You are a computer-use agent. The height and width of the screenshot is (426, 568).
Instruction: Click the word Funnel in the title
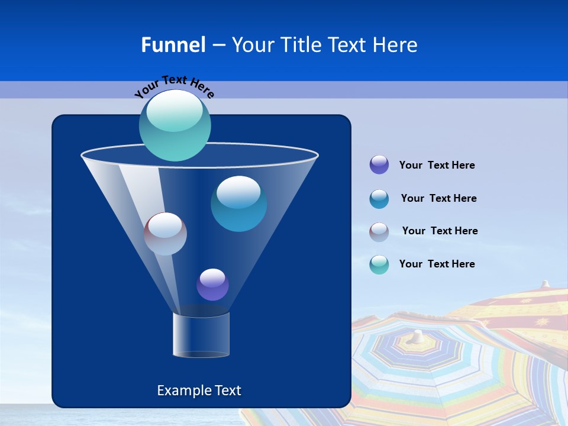pos(173,45)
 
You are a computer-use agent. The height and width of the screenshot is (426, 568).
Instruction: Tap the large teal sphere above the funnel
pos(175,125)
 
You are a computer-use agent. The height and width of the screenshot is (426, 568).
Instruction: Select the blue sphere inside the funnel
pos(238,204)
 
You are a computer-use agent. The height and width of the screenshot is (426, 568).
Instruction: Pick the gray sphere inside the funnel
pos(166,234)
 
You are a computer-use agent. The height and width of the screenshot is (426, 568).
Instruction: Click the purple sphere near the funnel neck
pos(212,285)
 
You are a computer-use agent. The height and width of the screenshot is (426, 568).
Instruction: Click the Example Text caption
pos(199,390)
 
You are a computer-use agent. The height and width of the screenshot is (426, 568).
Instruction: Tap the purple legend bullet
pos(379,165)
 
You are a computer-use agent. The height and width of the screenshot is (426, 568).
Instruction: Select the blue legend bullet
pos(379,199)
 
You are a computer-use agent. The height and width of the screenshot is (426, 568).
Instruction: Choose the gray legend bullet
pos(379,232)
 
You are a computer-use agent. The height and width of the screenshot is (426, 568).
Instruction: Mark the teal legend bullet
pos(379,264)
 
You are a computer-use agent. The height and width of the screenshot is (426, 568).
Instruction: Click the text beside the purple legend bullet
pos(437,166)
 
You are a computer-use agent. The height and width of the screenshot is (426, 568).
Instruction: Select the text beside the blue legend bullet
pos(438,199)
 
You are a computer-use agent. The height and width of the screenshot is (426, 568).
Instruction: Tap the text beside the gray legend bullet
pos(440,231)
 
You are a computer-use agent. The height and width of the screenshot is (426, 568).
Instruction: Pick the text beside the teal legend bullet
pos(437,264)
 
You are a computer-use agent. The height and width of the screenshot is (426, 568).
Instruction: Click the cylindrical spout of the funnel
pos(201,335)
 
